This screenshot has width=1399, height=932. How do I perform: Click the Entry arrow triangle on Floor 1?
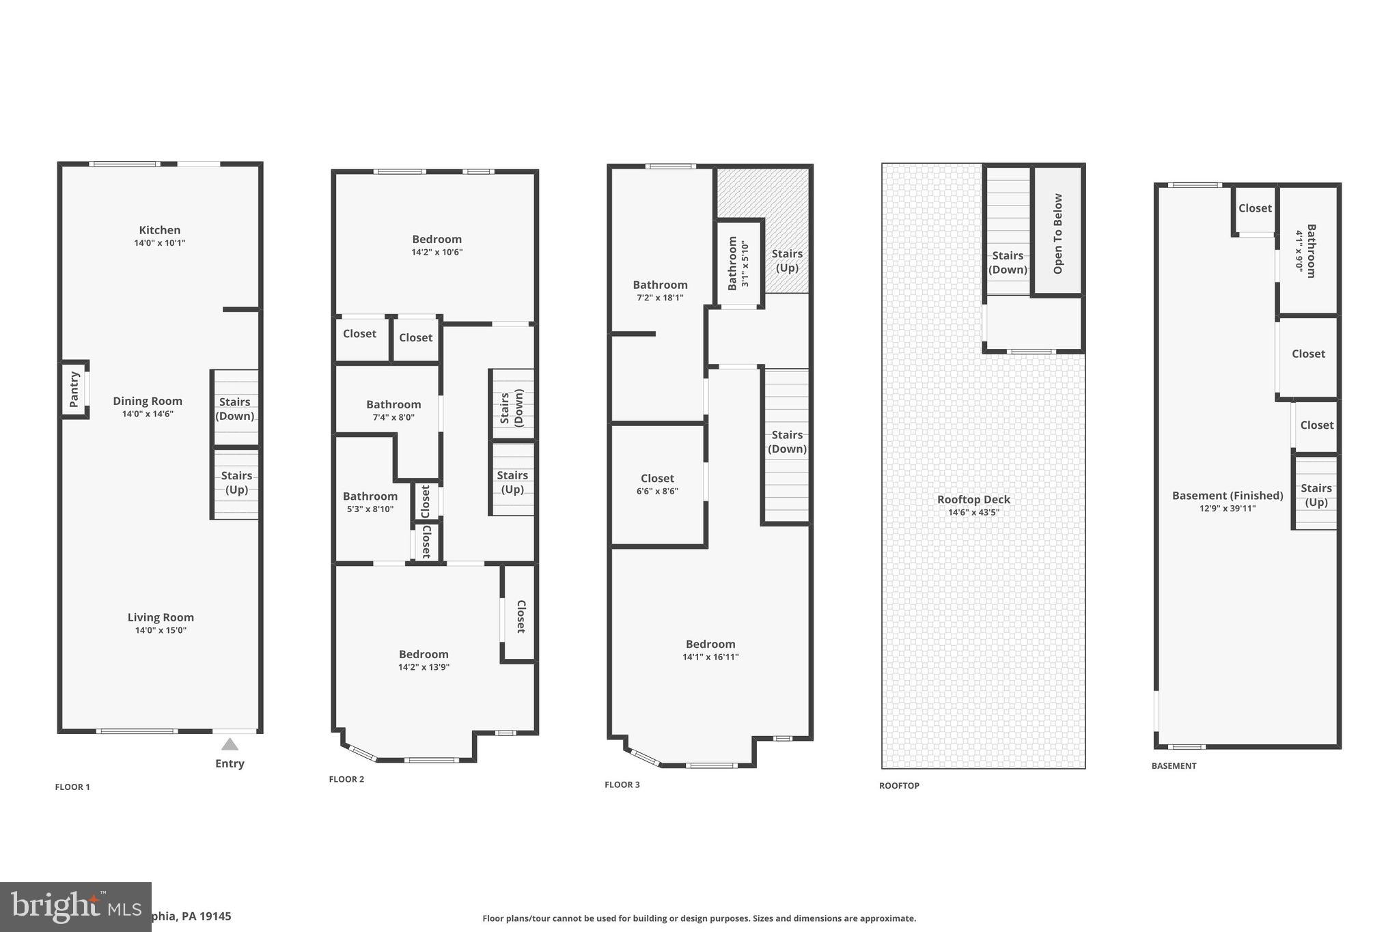pyautogui.click(x=230, y=744)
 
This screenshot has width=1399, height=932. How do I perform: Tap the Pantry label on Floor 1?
pyautogui.click(x=74, y=389)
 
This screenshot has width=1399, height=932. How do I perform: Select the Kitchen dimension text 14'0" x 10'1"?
pyautogui.click(x=160, y=243)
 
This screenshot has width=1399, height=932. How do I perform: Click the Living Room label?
pyautogui.click(x=161, y=617)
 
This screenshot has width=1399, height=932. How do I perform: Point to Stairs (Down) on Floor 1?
pyautogui.click(x=235, y=409)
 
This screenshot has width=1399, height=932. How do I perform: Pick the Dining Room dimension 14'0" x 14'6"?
pyautogui.click(x=148, y=414)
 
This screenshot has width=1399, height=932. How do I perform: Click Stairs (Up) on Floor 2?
pyautogui.click(x=512, y=482)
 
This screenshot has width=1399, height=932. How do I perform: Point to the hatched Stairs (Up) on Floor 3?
pyautogui.click(x=787, y=260)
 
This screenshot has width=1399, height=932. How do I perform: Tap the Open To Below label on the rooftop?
pyautogui.click(x=1058, y=234)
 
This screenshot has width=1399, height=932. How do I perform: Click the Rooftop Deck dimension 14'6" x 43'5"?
pyautogui.click(x=973, y=513)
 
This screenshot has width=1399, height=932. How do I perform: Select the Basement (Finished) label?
pyautogui.click(x=1228, y=496)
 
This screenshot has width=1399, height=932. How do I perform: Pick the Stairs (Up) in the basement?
pyautogui.click(x=1316, y=495)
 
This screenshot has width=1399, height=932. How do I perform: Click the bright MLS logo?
pyautogui.click(x=75, y=907)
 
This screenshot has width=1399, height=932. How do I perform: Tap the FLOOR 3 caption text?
pyautogui.click(x=622, y=785)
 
